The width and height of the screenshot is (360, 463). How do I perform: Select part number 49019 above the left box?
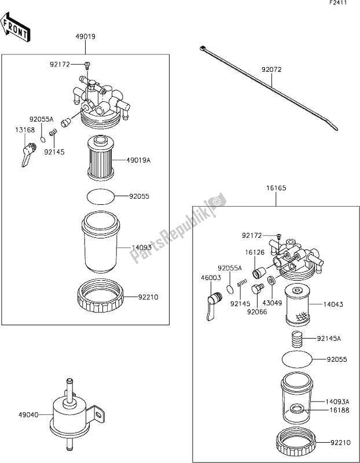click(x=85, y=36)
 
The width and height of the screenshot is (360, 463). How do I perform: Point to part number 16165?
click(x=275, y=188)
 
